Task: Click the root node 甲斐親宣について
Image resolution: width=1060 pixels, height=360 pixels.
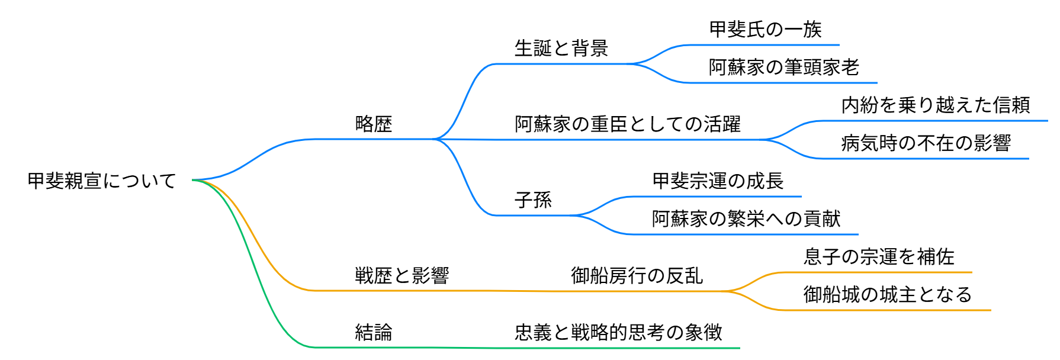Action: [102, 181]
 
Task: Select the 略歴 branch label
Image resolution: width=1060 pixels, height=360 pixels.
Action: [374, 124]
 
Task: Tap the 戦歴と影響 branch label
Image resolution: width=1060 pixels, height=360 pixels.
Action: [402, 275]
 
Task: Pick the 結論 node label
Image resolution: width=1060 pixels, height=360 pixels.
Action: [374, 332]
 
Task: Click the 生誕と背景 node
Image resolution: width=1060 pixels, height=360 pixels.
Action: [561, 48]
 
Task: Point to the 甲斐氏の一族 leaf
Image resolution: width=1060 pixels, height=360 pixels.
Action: [765, 29]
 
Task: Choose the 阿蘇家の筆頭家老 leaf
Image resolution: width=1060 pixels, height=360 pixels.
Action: [783, 67]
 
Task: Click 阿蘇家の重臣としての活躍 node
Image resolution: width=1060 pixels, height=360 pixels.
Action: [628, 124]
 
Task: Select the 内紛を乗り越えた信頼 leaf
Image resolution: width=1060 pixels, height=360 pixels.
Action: [936, 105]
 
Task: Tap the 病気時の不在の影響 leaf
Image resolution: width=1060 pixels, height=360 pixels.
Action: [926, 143]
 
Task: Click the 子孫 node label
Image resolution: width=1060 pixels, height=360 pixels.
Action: [533, 200]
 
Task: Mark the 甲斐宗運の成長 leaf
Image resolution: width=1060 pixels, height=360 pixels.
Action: [718, 181]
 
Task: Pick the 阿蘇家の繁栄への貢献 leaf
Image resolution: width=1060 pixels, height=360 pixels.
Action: [746, 218]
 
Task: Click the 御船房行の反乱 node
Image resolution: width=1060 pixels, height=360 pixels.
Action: [637, 275]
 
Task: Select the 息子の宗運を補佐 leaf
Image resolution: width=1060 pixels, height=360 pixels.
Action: [879, 256]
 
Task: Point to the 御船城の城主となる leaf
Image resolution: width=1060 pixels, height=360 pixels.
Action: [888, 294]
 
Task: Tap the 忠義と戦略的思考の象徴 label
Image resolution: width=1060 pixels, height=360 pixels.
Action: [618, 332]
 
